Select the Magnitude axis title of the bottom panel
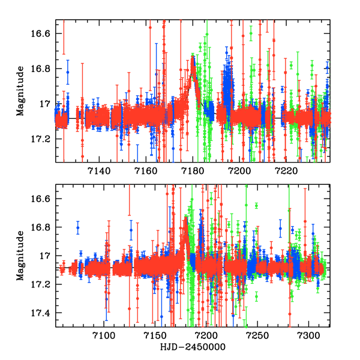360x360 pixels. point(20,256)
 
